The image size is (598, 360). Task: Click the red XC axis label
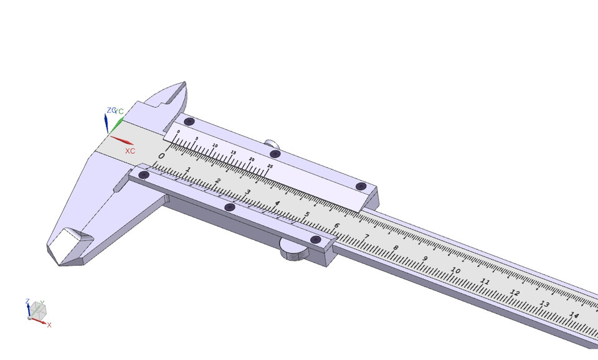click(130, 151)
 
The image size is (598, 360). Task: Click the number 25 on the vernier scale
click(270, 166)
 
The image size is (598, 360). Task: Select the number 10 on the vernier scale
click(216, 145)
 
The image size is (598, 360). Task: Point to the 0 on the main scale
click(162, 156)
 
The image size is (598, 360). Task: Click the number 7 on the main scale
click(366, 237)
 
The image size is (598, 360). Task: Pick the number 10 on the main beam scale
click(455, 271)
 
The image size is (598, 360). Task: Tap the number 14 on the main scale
click(574, 316)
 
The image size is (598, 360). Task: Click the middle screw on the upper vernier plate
click(275, 154)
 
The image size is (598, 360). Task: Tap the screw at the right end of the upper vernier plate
click(361, 186)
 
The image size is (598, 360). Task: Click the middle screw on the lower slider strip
click(229, 207)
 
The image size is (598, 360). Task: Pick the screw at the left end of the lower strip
click(144, 176)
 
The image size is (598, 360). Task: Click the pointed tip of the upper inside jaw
click(184, 83)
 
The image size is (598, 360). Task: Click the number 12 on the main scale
click(515, 293)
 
